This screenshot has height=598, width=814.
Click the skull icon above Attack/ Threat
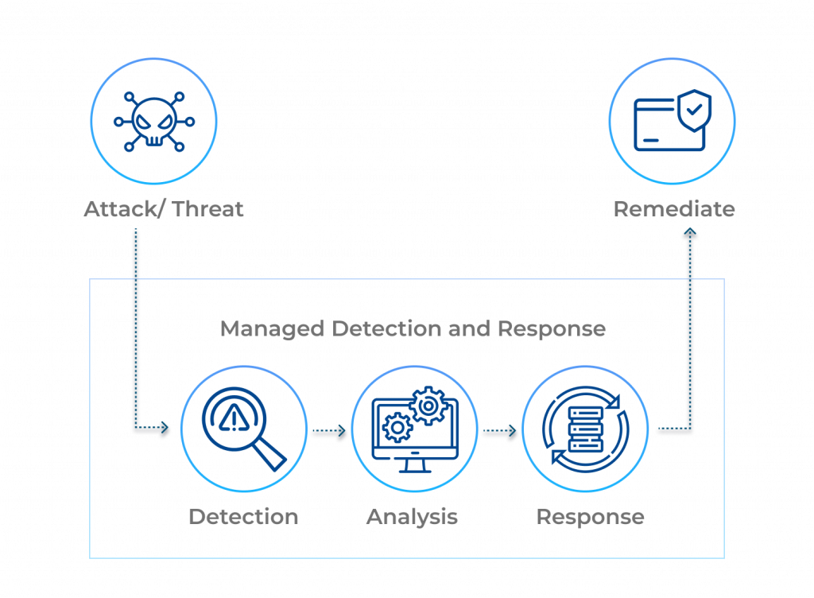pyautogui.click(x=153, y=122)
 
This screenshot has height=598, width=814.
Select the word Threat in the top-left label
pyautogui.click(x=208, y=209)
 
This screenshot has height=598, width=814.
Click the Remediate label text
pyautogui.click(x=673, y=209)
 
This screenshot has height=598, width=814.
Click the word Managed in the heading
pyautogui.click(x=272, y=329)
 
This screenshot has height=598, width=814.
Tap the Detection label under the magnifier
pyautogui.click(x=243, y=517)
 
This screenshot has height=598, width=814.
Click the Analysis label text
pyautogui.click(x=412, y=517)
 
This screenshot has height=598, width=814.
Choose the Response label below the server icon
pyautogui.click(x=590, y=517)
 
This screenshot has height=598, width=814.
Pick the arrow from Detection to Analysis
pyautogui.click(x=328, y=433)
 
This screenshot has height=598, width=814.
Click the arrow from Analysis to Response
pyautogui.click(x=499, y=433)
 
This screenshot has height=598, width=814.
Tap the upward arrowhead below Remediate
pyautogui.click(x=690, y=234)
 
